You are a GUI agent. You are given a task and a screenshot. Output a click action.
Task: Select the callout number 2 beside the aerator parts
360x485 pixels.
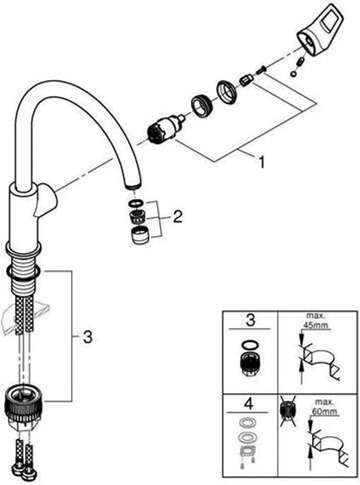177,217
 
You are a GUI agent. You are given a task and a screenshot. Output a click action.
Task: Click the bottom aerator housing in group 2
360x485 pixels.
139,235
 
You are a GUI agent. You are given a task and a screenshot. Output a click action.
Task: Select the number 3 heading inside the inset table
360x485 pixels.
250,320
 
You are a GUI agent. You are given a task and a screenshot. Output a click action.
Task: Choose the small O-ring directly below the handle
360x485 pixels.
295,74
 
